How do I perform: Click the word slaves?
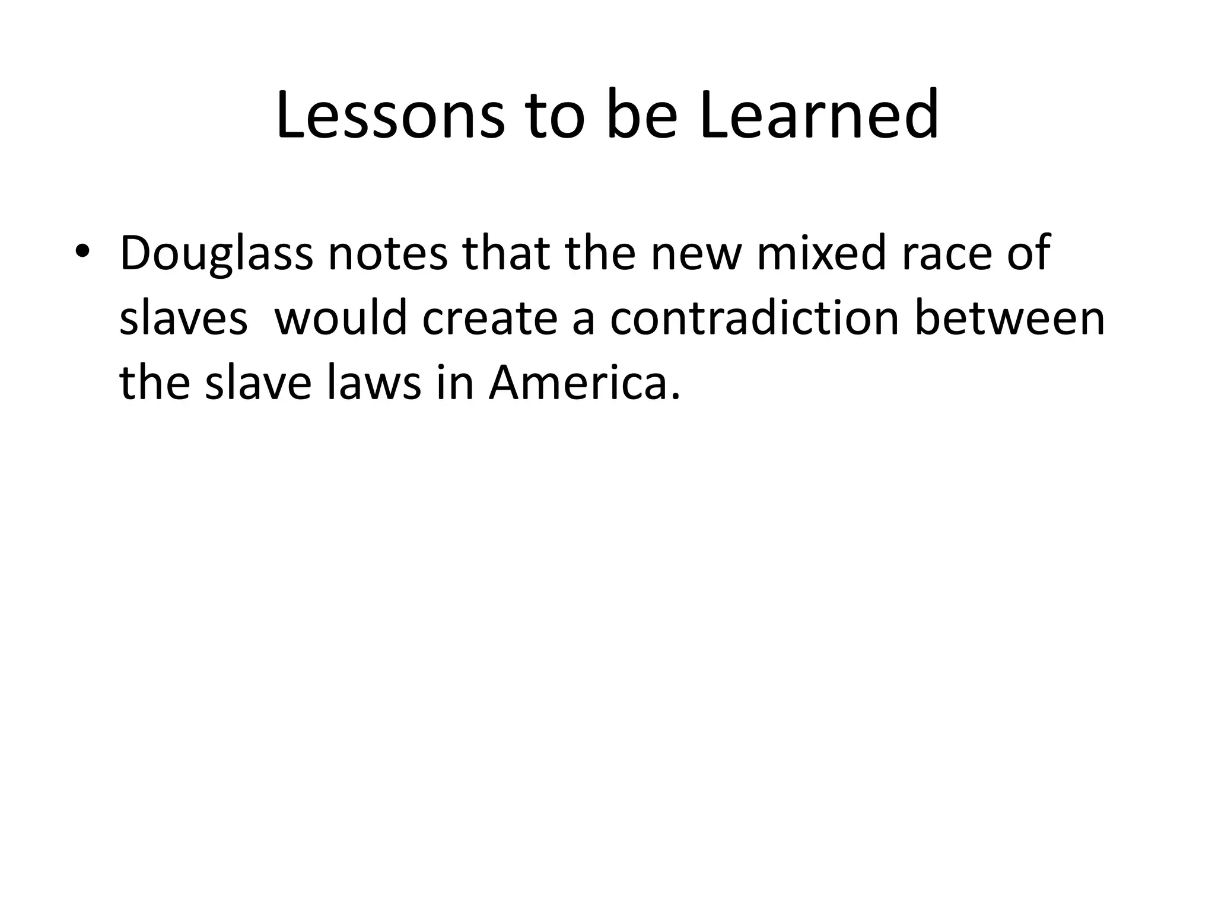183,319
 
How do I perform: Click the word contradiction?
753,319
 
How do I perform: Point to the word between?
1009,319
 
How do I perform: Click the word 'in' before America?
456,384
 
